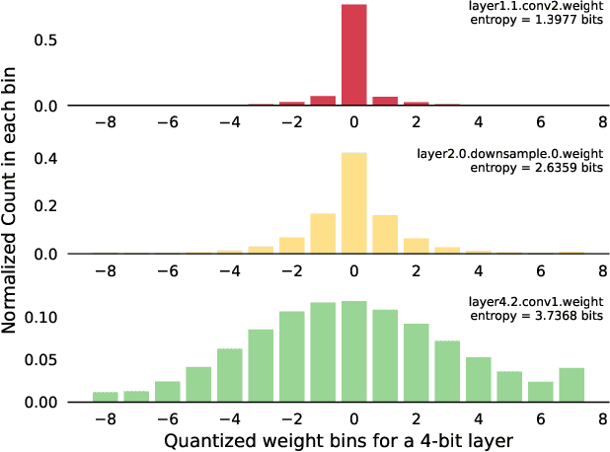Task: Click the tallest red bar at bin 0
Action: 353,55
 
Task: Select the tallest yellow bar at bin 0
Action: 353,203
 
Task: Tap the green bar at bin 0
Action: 353,351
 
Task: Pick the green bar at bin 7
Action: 572,385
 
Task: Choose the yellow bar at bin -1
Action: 323,234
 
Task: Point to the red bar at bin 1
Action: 385,101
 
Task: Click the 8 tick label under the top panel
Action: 602,122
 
